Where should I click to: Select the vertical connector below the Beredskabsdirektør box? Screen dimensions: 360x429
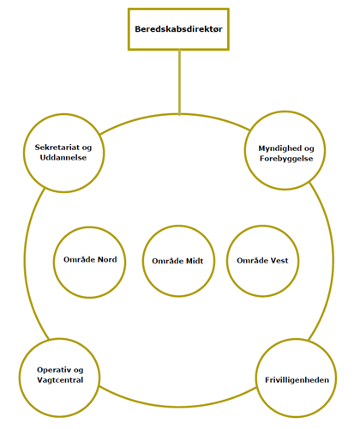pyautogui.click(x=179, y=82)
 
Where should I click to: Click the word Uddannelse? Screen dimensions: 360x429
pyautogui.click(x=63, y=158)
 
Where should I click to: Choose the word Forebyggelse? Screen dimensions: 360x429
pyautogui.click(x=286, y=159)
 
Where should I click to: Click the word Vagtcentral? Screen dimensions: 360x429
pyautogui.click(x=60, y=380)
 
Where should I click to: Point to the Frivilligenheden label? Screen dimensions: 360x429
pyautogui.click(x=297, y=380)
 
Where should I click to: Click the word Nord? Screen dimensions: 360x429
pyautogui.click(x=107, y=260)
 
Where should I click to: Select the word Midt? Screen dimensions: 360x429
pyautogui.click(x=195, y=261)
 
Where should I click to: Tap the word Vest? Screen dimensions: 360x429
pyautogui.click(x=279, y=261)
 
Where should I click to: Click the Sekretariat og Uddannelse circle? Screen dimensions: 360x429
pyautogui.click(x=64, y=114)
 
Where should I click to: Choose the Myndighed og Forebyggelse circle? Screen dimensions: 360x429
pyautogui.click(x=285, y=112)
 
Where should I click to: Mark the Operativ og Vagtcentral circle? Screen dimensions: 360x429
pyautogui.click(x=60, y=339)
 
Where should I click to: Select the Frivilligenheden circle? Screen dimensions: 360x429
pyautogui.click(x=297, y=339)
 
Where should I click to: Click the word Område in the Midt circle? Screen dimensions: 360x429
pyautogui.click(x=168, y=261)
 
